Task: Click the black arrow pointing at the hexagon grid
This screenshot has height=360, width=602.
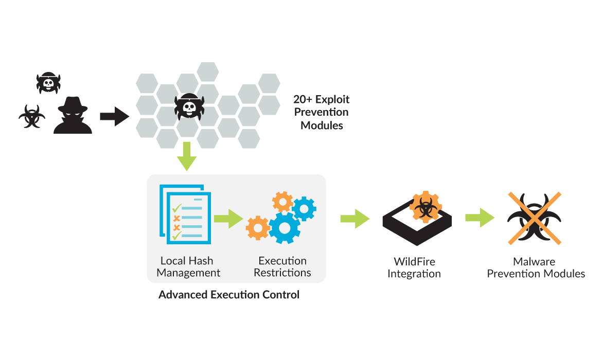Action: point(115,116)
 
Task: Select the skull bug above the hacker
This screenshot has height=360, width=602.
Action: point(49,82)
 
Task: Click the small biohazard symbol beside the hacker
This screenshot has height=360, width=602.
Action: point(32,117)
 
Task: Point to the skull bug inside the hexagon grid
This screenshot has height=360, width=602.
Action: point(189,107)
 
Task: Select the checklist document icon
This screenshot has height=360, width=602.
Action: point(185,215)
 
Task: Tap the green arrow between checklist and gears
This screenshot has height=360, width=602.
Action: point(228,218)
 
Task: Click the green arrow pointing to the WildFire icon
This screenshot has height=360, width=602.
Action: point(355,218)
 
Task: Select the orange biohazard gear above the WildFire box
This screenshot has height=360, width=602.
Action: point(425,206)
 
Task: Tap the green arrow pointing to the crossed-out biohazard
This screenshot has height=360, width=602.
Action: point(480,218)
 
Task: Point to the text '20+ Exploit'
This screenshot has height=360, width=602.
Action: point(322,99)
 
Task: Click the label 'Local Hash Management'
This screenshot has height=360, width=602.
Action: point(188,267)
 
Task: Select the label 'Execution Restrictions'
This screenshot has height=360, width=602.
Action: point(282,267)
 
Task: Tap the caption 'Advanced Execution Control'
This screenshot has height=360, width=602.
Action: point(229,295)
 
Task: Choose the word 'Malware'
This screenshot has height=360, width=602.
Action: point(536,262)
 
